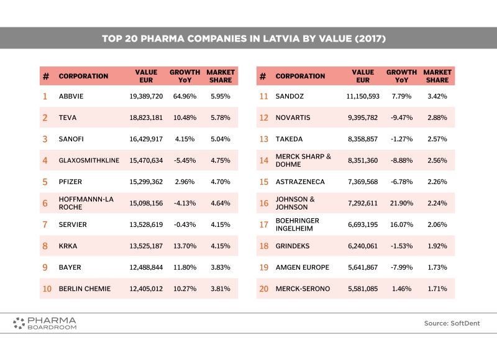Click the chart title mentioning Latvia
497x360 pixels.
[x=244, y=39]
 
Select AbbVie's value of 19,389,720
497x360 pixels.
[x=146, y=96]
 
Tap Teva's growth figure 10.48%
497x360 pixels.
[x=185, y=118]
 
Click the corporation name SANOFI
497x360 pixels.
[x=71, y=139]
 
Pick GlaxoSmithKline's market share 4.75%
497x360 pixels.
[x=221, y=160]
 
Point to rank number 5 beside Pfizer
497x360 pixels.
[x=45, y=182]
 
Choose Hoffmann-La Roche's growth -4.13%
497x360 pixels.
[x=185, y=203]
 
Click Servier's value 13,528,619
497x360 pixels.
[x=146, y=224]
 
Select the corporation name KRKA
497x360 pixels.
[x=68, y=246]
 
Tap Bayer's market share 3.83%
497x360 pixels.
[x=221, y=267]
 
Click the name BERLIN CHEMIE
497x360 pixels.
[x=84, y=288]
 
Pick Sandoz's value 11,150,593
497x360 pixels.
[x=363, y=96]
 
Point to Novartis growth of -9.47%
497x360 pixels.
[x=401, y=118]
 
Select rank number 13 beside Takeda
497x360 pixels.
[x=263, y=139]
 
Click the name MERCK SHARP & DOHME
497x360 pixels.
[x=303, y=160]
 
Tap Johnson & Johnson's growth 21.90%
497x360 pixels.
[x=401, y=203]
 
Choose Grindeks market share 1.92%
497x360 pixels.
[x=437, y=246]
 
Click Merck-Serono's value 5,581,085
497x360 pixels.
[x=363, y=288]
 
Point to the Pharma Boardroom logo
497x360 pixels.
[x=45, y=323]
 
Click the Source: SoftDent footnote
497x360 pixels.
[x=452, y=323]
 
